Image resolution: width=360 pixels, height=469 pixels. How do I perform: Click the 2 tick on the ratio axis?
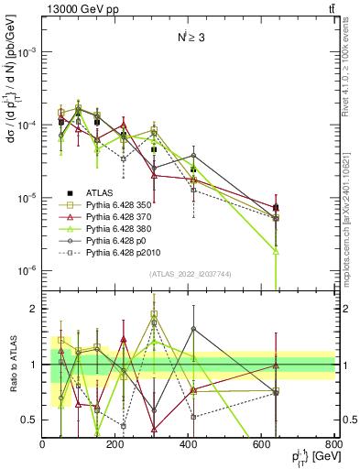[x=34, y=310]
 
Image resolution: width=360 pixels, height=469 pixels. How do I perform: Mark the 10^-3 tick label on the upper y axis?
[x=27, y=52]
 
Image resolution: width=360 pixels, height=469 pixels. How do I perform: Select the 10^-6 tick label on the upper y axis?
[x=27, y=271]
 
